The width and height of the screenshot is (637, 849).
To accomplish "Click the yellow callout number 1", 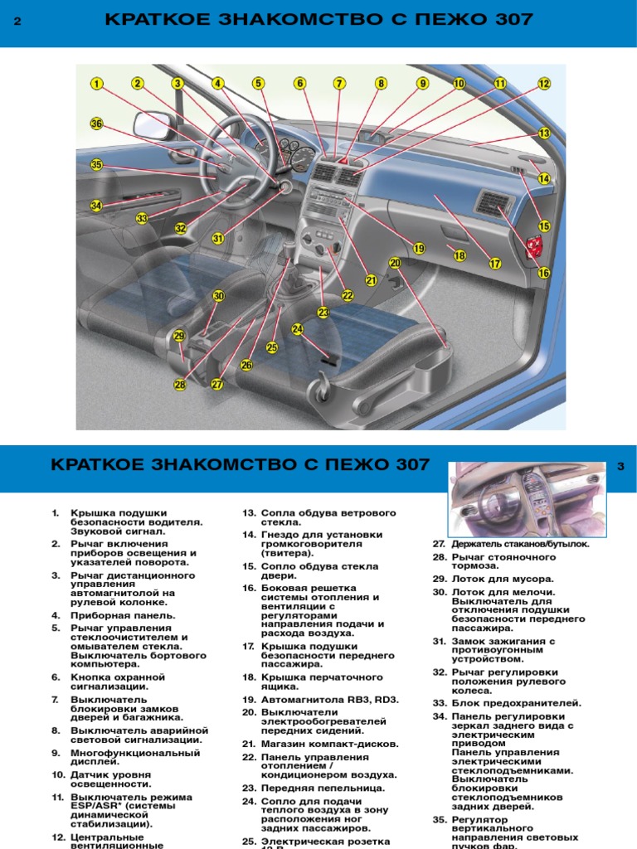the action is (97, 83).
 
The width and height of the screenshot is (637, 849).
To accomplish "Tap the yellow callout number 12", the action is (544, 83).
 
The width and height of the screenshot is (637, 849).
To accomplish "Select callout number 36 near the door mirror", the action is (97, 124).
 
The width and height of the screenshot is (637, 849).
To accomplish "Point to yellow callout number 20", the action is (395, 263).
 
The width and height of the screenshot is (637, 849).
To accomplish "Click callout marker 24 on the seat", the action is (298, 329).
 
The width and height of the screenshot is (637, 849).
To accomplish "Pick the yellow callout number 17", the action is (495, 264).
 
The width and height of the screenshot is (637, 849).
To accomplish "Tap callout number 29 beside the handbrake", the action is (180, 336).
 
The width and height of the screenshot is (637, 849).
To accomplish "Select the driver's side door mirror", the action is (153, 125).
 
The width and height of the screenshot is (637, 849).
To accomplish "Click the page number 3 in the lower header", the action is (620, 467).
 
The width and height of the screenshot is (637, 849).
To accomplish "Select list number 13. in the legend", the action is (248, 513).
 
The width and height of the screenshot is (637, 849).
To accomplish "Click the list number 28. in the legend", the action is (440, 557).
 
